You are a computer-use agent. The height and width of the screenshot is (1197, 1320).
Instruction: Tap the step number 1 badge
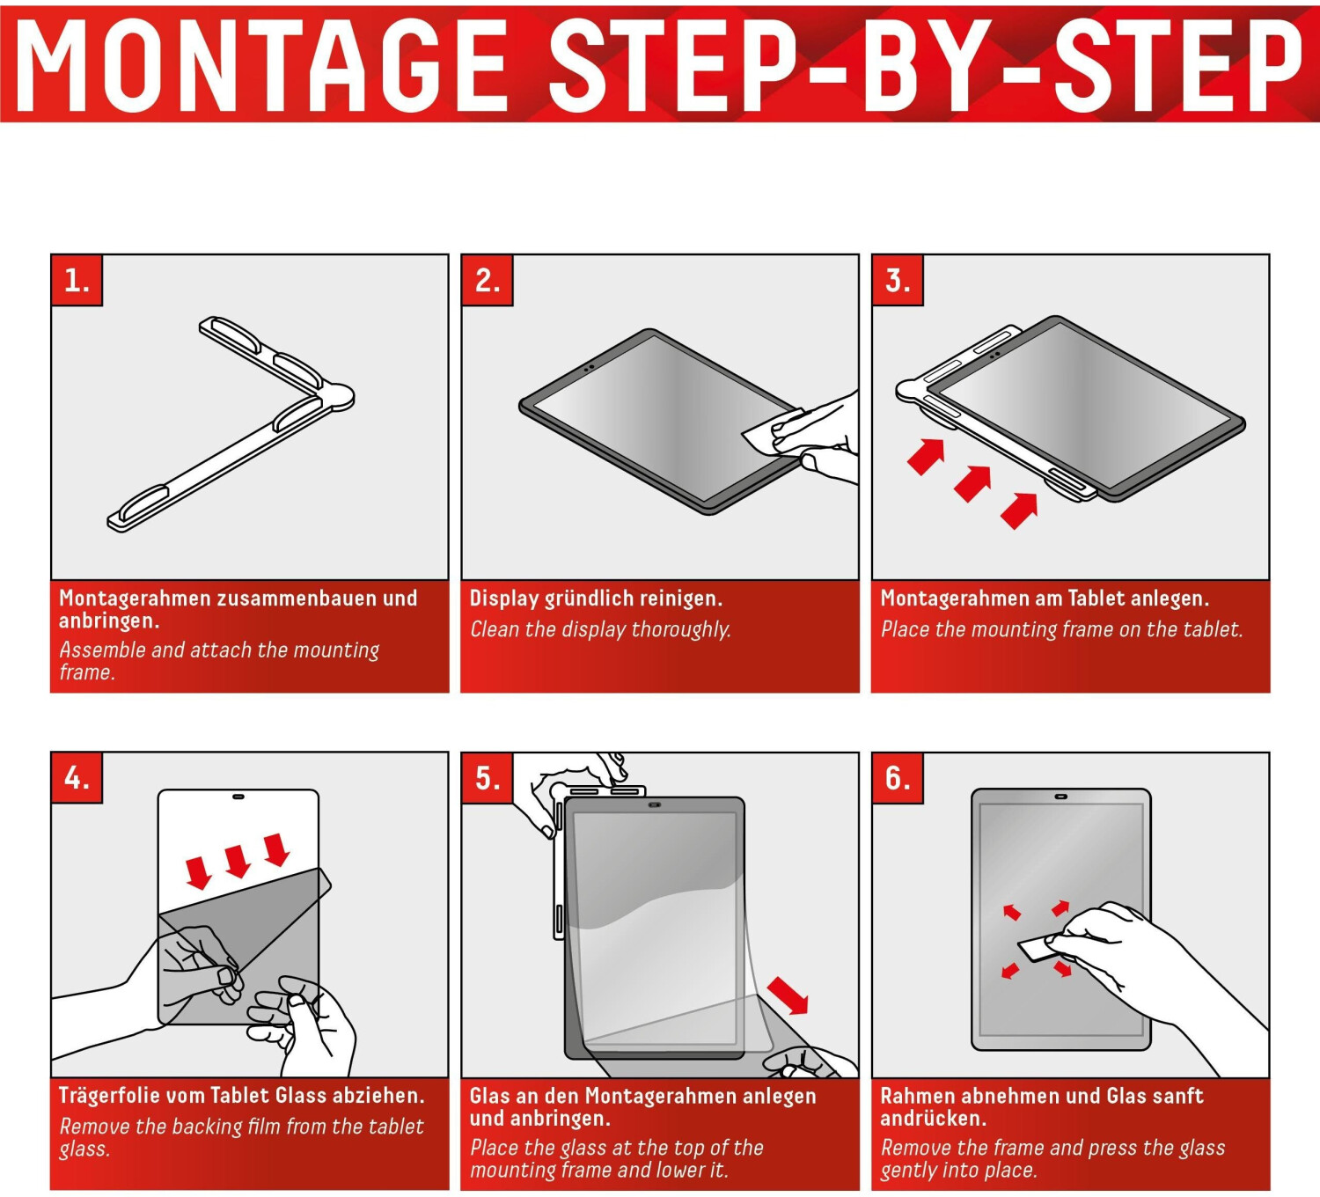click(77, 281)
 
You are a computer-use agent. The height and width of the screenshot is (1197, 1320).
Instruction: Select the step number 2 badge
click(488, 281)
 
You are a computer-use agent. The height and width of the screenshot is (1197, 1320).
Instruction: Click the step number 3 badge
click(898, 281)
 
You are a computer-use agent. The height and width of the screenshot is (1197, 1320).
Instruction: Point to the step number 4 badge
click(77, 778)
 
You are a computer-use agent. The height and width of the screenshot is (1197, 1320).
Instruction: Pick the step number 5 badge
click(488, 778)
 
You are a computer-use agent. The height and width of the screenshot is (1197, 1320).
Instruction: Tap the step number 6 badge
click(898, 778)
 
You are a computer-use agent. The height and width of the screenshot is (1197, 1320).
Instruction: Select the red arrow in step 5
click(788, 995)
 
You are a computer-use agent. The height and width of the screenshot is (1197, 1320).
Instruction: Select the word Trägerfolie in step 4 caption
click(109, 1096)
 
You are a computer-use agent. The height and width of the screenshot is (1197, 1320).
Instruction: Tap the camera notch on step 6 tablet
click(1060, 797)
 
